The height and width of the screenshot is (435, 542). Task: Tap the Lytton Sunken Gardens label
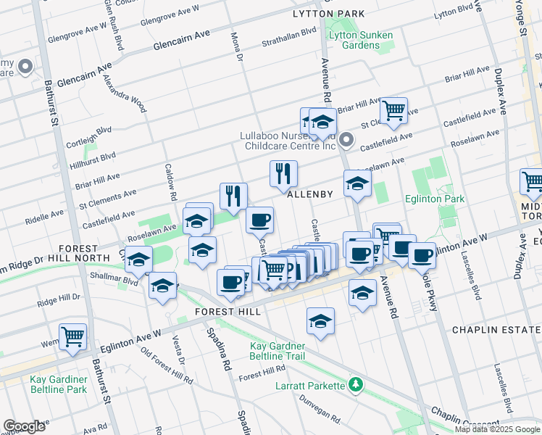[x=360, y=40]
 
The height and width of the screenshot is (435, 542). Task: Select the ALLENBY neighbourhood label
[x=309, y=194]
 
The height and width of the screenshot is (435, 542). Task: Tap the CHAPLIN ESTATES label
[x=496, y=330]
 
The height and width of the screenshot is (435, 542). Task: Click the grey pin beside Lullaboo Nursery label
[x=346, y=139]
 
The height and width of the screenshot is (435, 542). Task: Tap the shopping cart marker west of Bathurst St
[x=73, y=336]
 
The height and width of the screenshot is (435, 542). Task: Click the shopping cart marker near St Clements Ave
[x=393, y=111]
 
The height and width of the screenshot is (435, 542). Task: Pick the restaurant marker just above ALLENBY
[x=283, y=173]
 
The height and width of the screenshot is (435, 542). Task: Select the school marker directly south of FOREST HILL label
[x=320, y=320]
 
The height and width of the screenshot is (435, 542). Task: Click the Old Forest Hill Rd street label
[x=167, y=366]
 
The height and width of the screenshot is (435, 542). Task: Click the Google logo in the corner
[x=24, y=426]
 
